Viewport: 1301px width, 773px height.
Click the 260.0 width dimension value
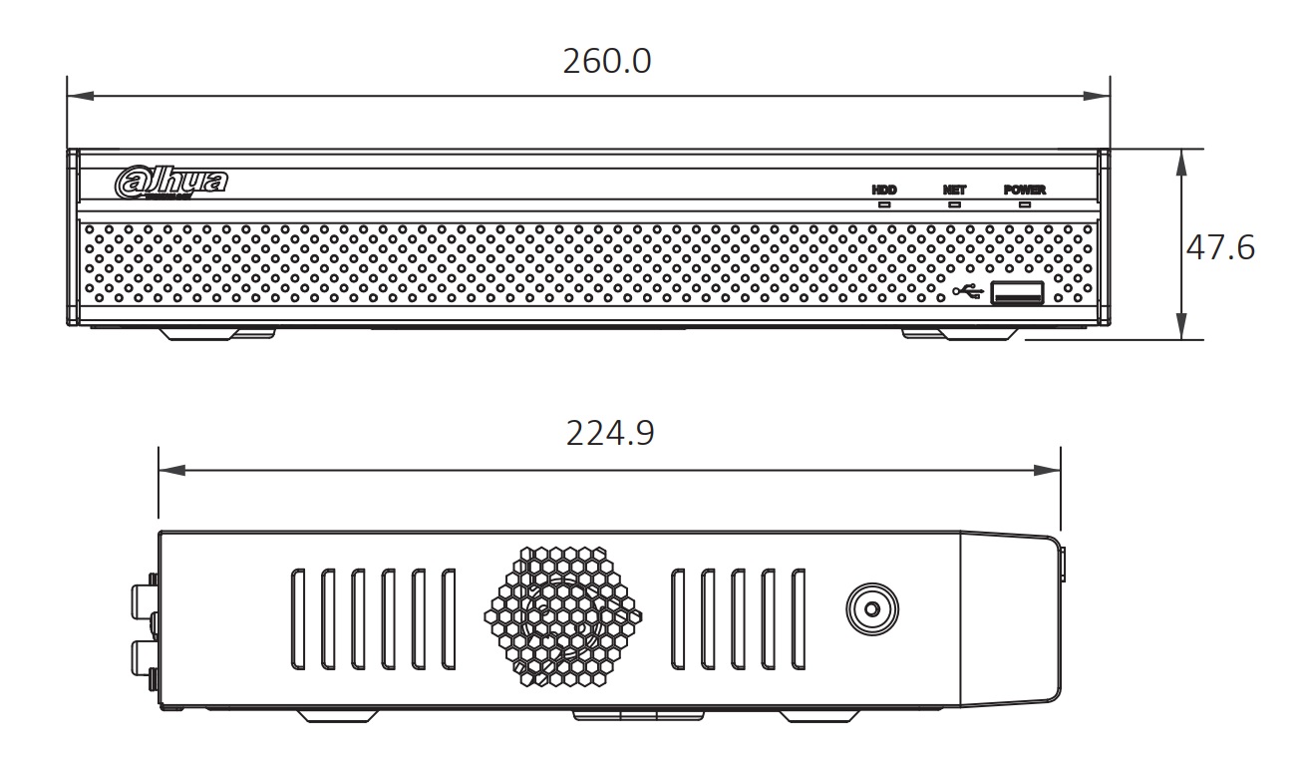click(606, 61)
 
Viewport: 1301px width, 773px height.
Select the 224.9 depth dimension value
click(610, 434)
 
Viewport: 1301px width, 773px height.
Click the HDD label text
click(884, 189)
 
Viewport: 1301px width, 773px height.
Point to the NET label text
click(954, 189)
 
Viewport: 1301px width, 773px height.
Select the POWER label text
click(1024, 189)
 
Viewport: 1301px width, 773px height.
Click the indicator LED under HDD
click(884, 204)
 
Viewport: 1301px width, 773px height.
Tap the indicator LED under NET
click(954, 204)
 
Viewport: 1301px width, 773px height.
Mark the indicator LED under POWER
click(1024, 204)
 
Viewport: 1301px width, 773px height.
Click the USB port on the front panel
click(1017, 292)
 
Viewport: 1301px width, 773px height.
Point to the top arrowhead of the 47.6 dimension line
click(1181, 158)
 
